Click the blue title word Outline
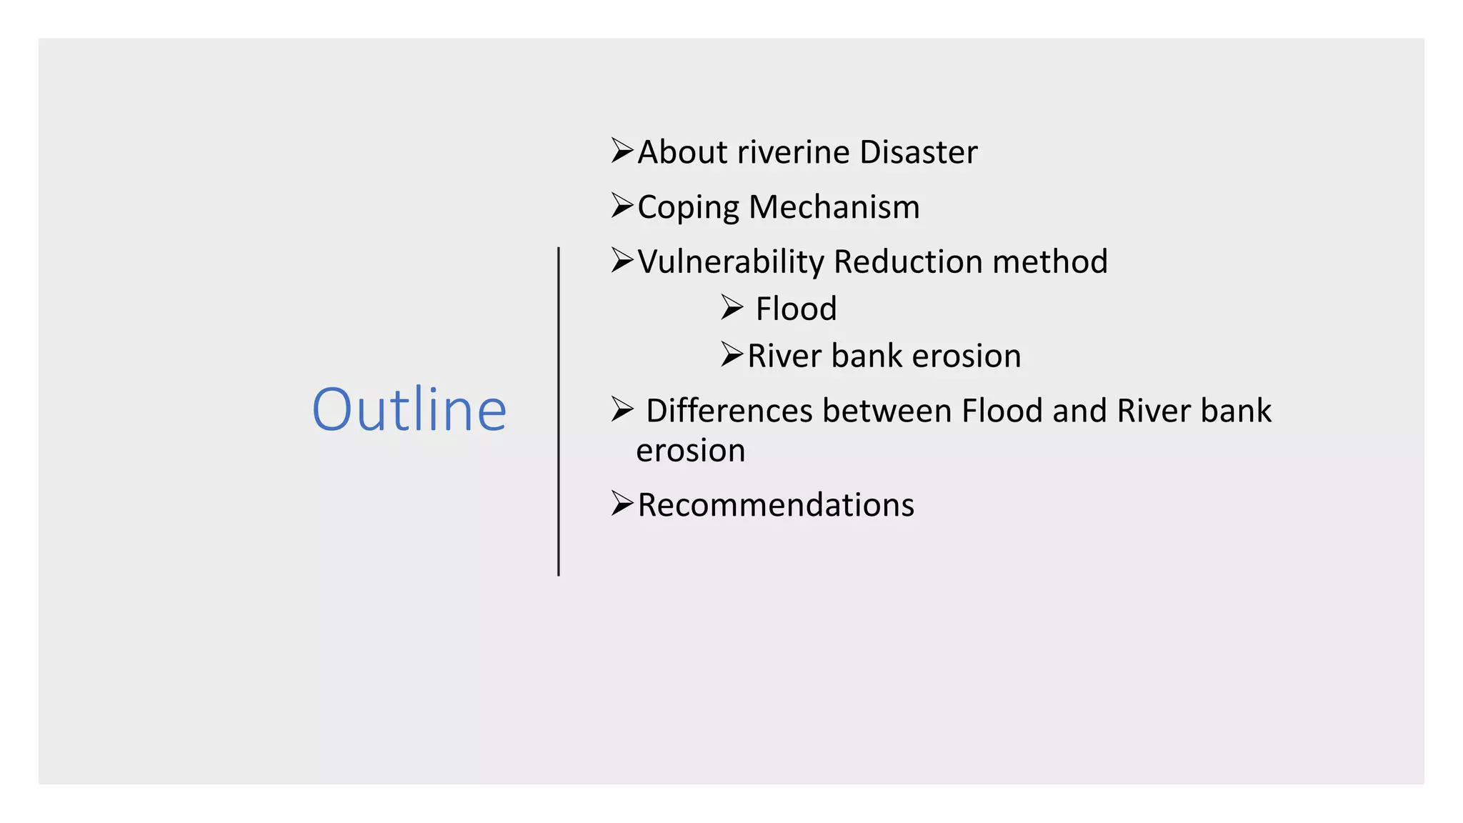[409, 409]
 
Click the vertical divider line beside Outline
[559, 411]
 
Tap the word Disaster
[918, 152]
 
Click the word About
[682, 152]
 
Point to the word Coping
[687, 208]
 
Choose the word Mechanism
[834, 207]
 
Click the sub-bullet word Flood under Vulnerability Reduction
[796, 309]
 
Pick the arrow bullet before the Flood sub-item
[732, 307]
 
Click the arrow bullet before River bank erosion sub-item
[732, 354]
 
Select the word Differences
[729, 411]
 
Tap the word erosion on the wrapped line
[690, 451]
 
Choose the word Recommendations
[776, 505]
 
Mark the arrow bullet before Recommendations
[622, 504]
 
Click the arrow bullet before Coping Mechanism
[622, 206]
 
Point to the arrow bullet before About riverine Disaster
[622, 151]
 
